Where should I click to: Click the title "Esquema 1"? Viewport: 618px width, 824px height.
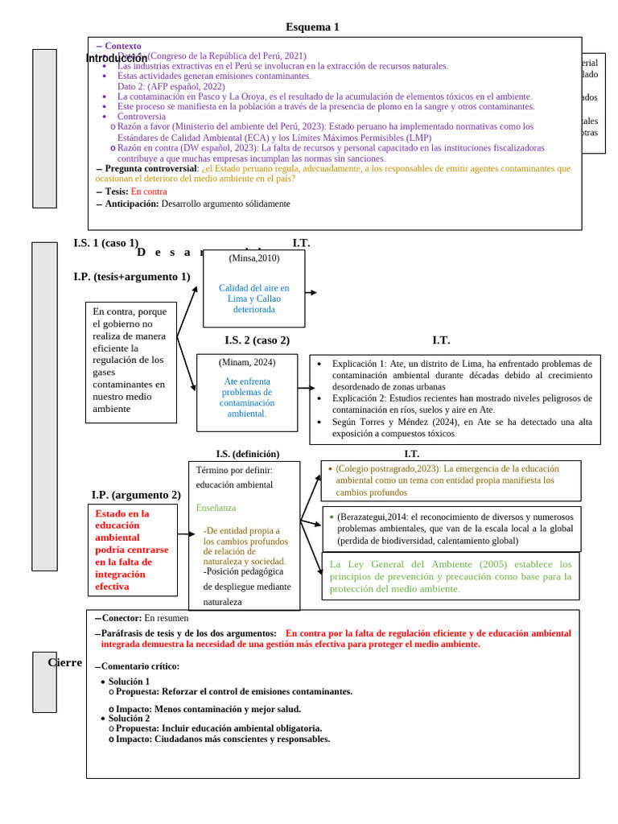point(312,27)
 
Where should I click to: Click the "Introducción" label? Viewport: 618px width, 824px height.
point(117,58)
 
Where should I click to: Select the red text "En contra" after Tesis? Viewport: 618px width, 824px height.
point(149,192)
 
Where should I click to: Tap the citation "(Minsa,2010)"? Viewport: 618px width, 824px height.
point(254,258)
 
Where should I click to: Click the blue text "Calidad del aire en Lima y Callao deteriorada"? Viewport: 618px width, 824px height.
point(254,299)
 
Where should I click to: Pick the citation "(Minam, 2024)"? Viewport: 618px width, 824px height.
point(247,362)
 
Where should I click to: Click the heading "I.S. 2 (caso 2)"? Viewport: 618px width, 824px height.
point(257,340)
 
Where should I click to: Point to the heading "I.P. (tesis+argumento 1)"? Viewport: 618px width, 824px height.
point(132,277)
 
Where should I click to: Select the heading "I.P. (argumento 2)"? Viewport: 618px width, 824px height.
point(136,495)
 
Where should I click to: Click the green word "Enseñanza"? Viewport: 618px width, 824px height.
point(216,508)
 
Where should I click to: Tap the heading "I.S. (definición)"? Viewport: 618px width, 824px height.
point(248,454)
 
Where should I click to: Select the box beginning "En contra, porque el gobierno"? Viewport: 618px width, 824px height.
point(131,361)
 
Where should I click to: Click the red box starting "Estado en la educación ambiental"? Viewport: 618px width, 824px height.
point(133,550)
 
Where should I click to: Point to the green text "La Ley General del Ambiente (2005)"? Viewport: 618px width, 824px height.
point(451,576)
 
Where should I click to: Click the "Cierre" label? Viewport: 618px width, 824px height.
point(65,662)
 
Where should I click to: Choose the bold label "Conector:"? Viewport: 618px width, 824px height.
point(122,618)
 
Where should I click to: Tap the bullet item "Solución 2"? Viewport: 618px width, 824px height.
point(129,719)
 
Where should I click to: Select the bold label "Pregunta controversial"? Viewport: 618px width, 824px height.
point(150,169)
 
